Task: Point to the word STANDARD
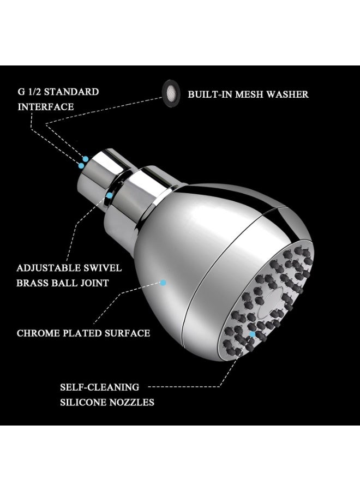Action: click(x=71, y=92)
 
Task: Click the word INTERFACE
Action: click(x=46, y=107)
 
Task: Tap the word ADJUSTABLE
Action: click(x=44, y=268)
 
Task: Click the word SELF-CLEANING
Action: click(x=100, y=387)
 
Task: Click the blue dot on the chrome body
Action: click(x=163, y=283)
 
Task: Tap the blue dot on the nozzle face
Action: click(x=253, y=334)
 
